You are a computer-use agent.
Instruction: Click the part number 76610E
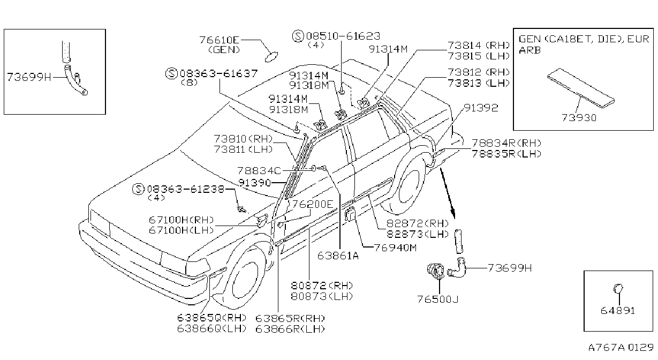coord(219,40)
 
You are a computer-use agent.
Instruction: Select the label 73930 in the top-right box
coord(579,117)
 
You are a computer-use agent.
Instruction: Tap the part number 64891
coord(618,310)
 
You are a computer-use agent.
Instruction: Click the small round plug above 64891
coord(618,288)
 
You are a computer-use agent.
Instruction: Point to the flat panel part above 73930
coord(581,88)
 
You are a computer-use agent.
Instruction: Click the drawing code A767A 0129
coord(621,347)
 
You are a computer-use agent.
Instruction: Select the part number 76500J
coord(438,299)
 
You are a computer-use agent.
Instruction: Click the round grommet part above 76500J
coord(436,271)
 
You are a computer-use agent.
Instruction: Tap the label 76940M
coord(396,247)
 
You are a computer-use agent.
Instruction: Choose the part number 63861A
coord(338,256)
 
